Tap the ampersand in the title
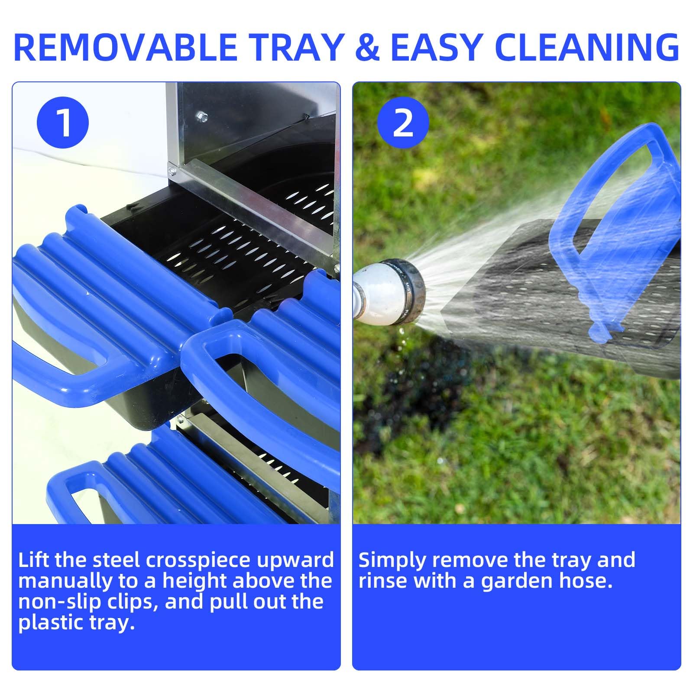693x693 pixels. coord(367,46)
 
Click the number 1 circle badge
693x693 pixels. coord(63,123)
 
